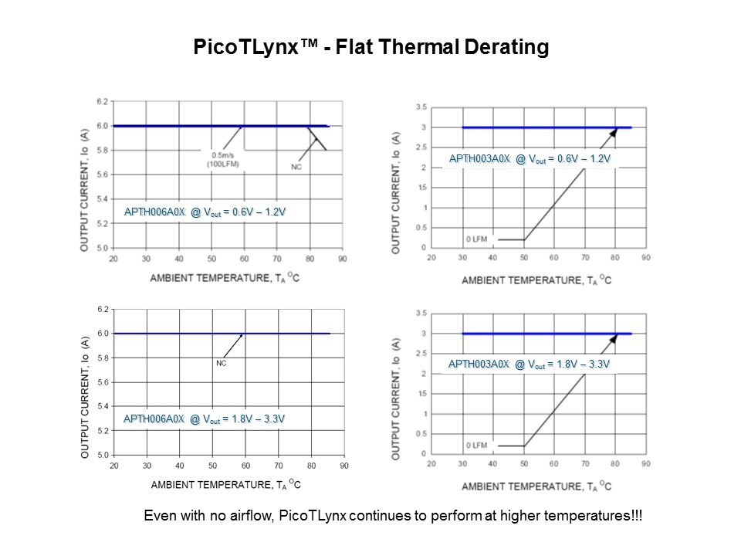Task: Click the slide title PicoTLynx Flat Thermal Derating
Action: coord(370,48)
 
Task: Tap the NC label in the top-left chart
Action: coord(296,166)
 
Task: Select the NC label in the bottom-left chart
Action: coord(221,362)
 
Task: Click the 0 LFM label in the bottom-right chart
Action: coord(476,446)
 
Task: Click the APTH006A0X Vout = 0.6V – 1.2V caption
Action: coord(205,212)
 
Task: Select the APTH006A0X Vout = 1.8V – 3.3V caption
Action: coord(205,419)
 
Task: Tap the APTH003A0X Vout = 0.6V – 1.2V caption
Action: coord(530,159)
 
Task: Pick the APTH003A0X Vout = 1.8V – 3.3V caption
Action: coord(530,364)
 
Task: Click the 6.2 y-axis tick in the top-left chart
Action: coord(103,101)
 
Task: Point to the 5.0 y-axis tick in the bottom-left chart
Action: coord(103,455)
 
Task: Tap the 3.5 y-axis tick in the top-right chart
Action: coord(421,106)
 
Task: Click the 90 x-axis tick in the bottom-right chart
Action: coord(646,464)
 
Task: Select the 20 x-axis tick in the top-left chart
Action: coord(113,259)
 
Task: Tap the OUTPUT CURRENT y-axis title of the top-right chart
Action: coord(396,192)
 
